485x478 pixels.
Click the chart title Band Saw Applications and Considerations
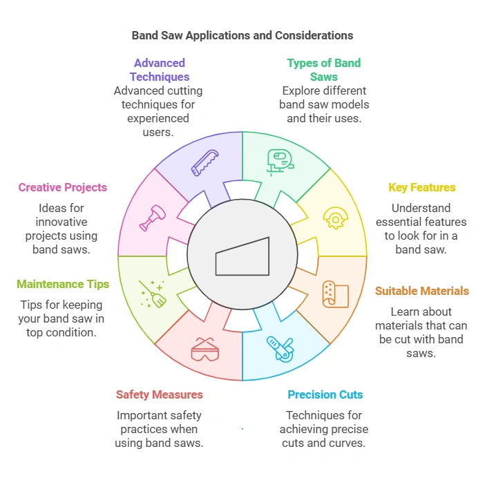point(242,35)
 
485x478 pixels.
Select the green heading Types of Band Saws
point(323,70)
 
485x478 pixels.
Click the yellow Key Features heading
point(421,187)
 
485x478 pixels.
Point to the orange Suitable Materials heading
point(421,291)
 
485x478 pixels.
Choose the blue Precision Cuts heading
point(325,394)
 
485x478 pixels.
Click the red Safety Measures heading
point(159,394)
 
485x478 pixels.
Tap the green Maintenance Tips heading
point(62,284)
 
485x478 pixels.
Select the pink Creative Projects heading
point(62,187)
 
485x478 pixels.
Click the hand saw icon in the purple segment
point(205,163)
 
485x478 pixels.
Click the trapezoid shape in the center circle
point(242,256)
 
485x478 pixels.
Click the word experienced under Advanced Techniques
point(159,118)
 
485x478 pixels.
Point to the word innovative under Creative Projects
point(62,222)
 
